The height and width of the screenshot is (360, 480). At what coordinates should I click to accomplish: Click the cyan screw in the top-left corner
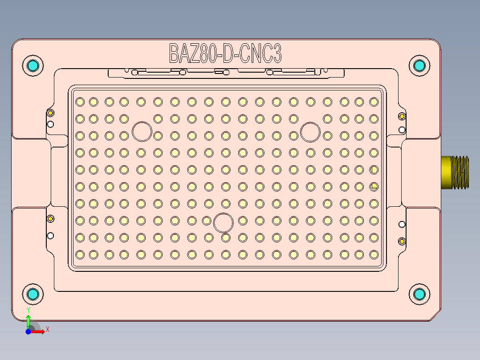(33, 66)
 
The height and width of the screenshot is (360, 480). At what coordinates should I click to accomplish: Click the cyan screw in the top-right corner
(419, 66)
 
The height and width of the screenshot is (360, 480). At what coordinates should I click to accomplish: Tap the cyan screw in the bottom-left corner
(33, 294)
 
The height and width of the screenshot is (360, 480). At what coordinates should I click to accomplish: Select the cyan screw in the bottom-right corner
(419, 294)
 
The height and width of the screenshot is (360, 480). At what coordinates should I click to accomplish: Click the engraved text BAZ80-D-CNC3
(225, 53)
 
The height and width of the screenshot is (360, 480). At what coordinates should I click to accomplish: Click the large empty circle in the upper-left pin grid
(142, 131)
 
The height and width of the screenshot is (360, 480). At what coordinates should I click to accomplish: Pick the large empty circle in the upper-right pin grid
(310, 132)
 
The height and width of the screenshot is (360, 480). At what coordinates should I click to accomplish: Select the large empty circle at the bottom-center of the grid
(224, 222)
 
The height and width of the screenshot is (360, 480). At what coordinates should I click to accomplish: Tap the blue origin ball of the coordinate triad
(28, 331)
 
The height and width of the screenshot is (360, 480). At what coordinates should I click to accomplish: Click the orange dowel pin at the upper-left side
(50, 112)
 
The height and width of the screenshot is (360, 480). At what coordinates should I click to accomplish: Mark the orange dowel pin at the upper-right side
(402, 116)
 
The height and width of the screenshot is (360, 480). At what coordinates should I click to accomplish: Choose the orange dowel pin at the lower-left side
(50, 218)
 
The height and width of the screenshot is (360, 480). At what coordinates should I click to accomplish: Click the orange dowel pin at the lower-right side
(402, 241)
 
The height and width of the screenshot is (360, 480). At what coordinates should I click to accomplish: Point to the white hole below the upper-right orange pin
(402, 130)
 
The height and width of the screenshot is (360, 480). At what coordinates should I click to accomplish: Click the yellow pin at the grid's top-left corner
(80, 102)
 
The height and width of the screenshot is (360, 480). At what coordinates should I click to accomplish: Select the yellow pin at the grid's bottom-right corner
(374, 254)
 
